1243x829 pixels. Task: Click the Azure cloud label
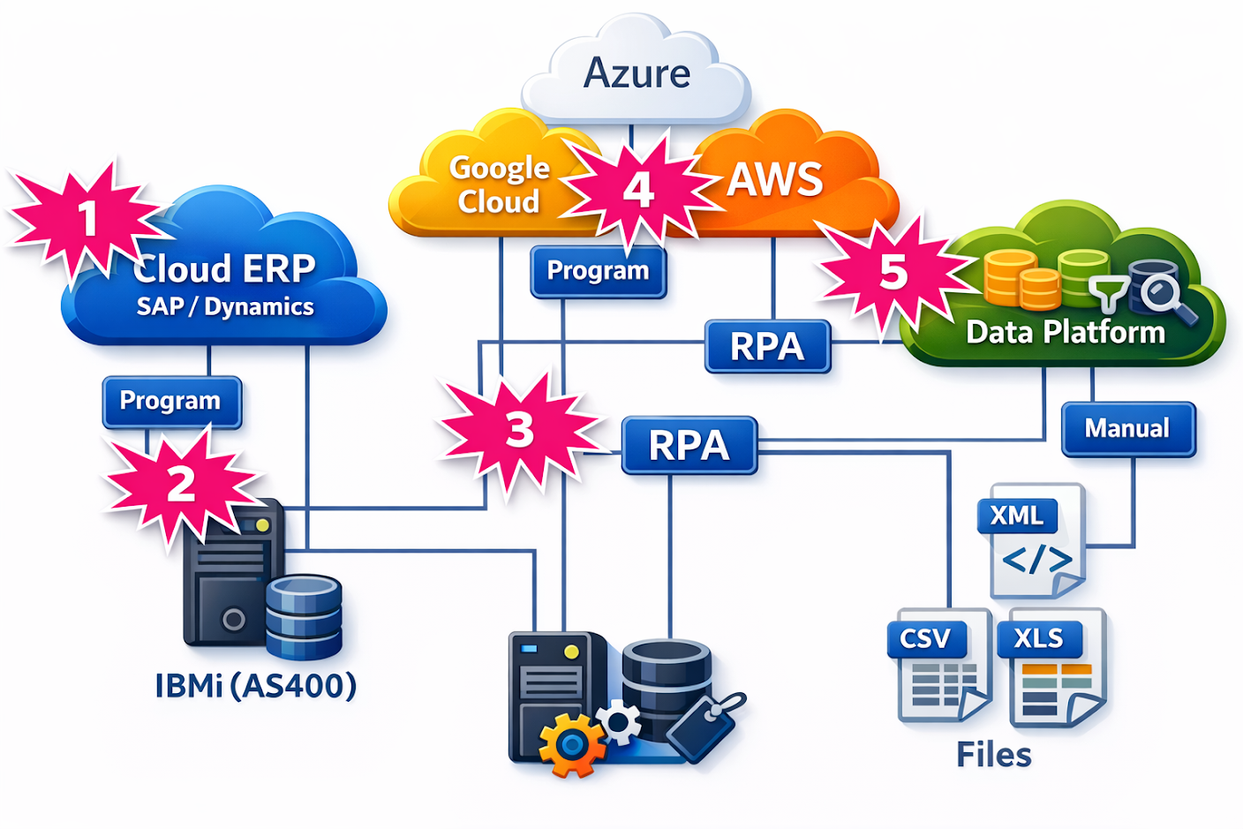coord(637,73)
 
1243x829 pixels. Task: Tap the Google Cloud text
coord(498,185)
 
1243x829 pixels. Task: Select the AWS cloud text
coord(774,179)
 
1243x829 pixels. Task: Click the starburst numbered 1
coord(87,217)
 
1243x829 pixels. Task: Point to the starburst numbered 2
coord(181,483)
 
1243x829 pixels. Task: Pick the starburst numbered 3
coord(520,430)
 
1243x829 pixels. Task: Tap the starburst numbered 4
coord(638,189)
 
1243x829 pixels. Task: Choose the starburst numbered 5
coord(893,271)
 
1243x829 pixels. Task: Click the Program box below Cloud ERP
coord(171,401)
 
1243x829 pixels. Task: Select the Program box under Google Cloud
coord(598,271)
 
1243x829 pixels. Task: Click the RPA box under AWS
coord(767,346)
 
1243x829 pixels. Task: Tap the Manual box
coord(1127,428)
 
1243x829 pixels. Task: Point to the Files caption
coord(993,756)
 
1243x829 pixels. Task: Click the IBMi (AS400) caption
coord(255,686)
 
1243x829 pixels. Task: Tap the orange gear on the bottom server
coord(571,744)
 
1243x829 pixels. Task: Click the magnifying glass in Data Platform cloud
coord(1164,295)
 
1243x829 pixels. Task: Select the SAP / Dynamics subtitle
coord(225,306)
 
